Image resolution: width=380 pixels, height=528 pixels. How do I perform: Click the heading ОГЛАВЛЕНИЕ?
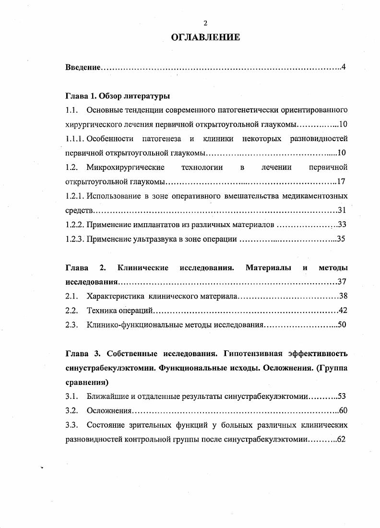point(205,37)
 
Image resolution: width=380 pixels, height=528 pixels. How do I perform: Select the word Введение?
point(83,67)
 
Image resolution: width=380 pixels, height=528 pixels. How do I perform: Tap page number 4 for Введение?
point(343,67)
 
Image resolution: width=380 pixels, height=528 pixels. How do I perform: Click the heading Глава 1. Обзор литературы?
point(118,96)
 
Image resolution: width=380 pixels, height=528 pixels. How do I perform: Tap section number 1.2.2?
point(75,224)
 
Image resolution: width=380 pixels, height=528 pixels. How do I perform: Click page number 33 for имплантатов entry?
point(342,224)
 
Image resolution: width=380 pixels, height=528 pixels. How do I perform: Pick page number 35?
point(341,239)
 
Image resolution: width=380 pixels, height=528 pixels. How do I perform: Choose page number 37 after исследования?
point(342,281)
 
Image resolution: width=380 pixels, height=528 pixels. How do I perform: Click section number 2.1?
point(71,296)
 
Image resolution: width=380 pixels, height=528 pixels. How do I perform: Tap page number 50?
point(342,324)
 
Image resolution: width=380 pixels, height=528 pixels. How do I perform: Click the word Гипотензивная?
point(260,354)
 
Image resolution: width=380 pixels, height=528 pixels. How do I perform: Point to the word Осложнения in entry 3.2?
point(109,410)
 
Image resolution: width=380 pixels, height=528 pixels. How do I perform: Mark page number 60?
point(343,410)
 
